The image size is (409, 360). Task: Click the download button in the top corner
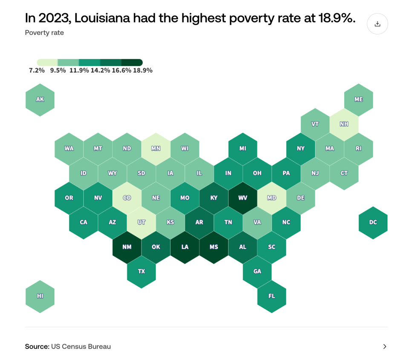377,24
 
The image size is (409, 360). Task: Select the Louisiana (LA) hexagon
185,247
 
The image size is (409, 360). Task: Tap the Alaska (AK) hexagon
40,100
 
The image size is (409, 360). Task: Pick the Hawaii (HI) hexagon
40,296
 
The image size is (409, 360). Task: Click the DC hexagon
373,223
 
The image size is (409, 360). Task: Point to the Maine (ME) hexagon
359,100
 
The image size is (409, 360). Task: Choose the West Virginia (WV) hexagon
243,198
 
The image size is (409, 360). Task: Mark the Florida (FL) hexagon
272,296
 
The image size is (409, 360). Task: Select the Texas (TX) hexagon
141,271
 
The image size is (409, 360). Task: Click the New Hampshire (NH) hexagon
344,124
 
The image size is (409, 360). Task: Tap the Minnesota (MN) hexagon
156,149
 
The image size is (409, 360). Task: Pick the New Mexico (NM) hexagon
127,247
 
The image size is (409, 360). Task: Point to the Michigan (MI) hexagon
243,149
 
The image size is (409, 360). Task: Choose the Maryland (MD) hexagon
272,198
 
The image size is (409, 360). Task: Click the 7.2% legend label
37,71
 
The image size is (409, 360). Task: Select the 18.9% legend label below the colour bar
143,71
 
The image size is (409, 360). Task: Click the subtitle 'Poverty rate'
44,33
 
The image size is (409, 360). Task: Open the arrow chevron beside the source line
384,346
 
